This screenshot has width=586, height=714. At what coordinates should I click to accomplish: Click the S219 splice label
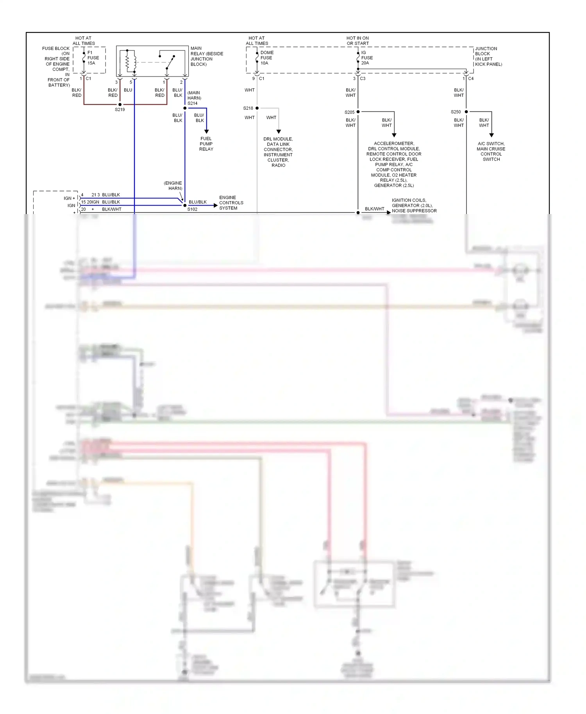(x=120, y=110)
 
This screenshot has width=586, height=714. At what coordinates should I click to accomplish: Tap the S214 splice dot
(x=185, y=108)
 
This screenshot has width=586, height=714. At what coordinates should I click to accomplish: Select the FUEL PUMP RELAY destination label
(x=206, y=144)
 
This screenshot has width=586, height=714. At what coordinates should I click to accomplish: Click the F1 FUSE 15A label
(x=93, y=58)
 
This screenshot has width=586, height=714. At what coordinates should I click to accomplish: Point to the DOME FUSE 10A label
(x=267, y=58)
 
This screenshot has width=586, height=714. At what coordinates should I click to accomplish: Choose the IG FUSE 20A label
(x=366, y=58)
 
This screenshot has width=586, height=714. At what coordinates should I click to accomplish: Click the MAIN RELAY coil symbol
(x=130, y=61)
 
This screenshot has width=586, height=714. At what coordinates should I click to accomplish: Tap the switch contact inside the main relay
(x=170, y=62)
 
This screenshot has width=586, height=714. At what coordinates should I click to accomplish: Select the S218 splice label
(x=248, y=108)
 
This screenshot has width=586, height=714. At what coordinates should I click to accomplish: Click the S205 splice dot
(x=358, y=112)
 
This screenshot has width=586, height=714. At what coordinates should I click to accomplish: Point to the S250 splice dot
(x=466, y=112)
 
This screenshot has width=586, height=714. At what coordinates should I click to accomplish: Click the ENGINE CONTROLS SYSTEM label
(x=231, y=203)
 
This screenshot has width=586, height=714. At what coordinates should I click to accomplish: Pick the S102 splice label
(x=192, y=209)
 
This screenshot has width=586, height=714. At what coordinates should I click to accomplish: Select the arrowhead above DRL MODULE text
(x=279, y=132)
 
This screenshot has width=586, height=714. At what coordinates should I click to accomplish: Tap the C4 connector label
(x=471, y=79)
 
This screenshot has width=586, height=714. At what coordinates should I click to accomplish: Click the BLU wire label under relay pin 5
(x=128, y=90)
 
